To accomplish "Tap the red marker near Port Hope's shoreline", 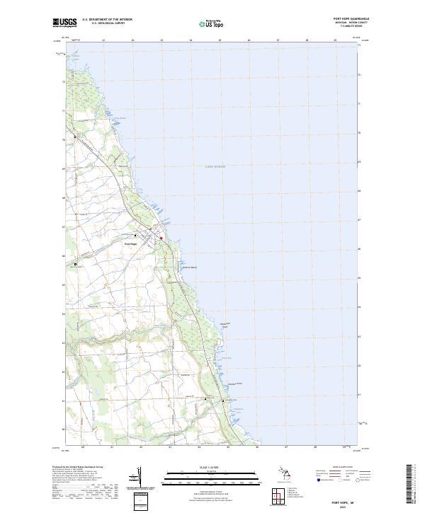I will (161, 238).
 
